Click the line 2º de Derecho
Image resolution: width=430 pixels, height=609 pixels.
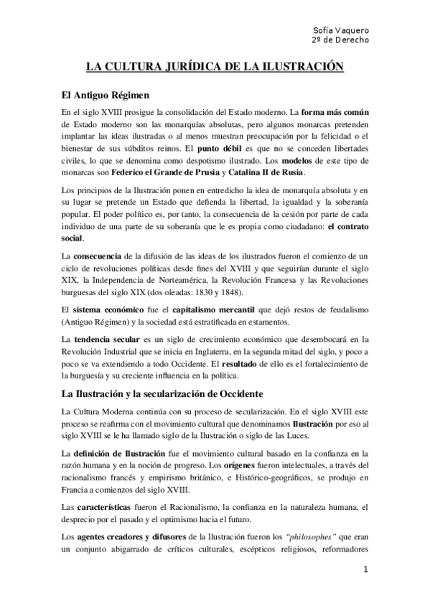coord(341,39)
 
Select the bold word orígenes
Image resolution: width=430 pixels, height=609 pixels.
coord(215,465)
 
